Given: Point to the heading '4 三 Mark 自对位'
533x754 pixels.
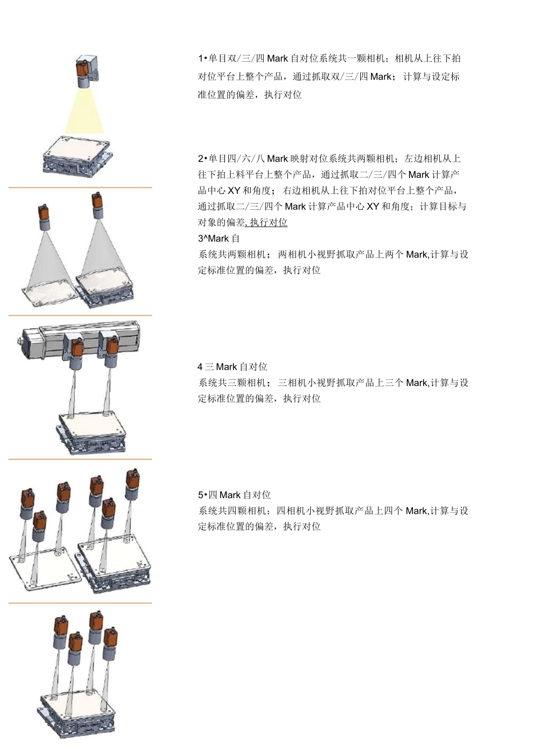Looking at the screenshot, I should [232, 367].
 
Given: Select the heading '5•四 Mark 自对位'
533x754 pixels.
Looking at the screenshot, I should [234, 495].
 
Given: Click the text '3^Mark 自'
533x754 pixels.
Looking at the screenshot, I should [219, 238].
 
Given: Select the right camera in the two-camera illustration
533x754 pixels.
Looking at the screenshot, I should [98, 205].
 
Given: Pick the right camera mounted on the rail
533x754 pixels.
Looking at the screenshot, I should [109, 348].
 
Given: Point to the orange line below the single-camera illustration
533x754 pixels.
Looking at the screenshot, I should [80, 187].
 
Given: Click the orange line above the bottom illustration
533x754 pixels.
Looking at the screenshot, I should [80, 603].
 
